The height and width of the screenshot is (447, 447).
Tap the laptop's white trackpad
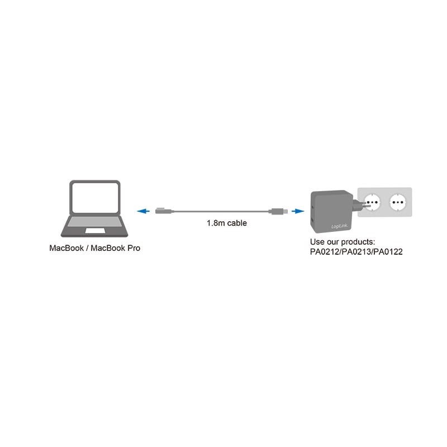pyautogui.click(x=94, y=230)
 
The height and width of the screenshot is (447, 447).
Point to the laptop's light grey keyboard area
pyautogui.click(x=94, y=222)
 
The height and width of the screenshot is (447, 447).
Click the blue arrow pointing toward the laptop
pyautogui.click(x=144, y=211)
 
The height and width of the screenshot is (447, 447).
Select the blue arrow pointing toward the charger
pyautogui.click(x=298, y=211)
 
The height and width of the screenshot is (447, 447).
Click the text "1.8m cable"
pyautogui.click(x=227, y=223)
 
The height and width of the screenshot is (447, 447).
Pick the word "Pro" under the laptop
pyautogui.click(x=133, y=248)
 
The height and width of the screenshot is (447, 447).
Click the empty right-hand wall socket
pyautogui.click(x=397, y=201)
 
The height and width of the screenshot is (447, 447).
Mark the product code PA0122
pyautogui.click(x=388, y=252)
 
